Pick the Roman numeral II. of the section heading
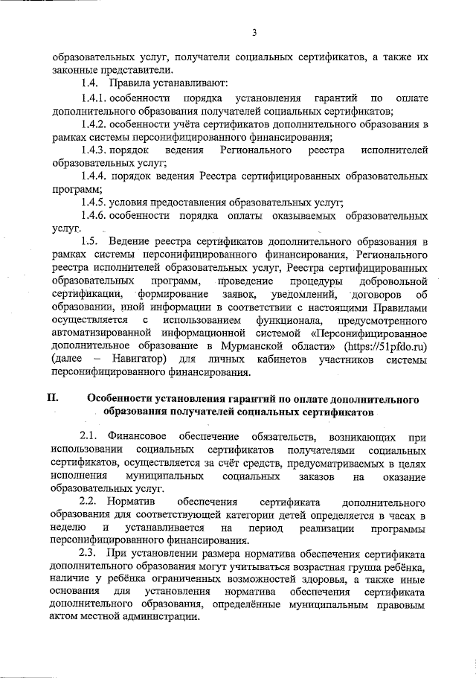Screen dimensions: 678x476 click(x=54, y=399)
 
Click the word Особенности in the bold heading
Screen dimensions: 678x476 click(x=121, y=399)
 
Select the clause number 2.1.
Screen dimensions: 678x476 click(x=89, y=438)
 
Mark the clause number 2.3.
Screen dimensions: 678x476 click(x=89, y=555)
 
